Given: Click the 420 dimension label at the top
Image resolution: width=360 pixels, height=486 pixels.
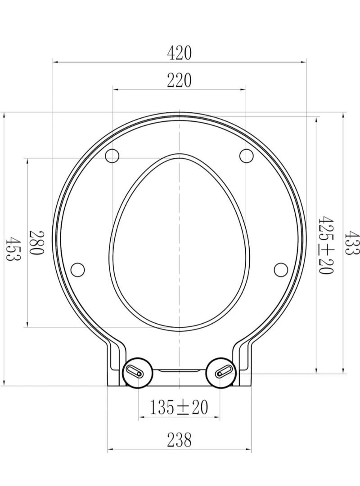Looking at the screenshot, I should (179, 53).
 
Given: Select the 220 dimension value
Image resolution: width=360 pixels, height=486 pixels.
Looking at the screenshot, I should (179, 80).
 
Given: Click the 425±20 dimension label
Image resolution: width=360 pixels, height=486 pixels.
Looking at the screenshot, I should (325, 245).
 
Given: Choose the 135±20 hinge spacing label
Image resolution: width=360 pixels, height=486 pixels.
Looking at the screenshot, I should (179, 407).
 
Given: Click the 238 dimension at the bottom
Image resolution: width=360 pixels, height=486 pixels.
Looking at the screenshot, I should (179, 439).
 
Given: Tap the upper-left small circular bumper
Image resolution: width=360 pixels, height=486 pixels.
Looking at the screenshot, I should (112, 156).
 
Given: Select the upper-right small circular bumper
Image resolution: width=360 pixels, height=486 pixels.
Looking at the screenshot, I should (246, 156).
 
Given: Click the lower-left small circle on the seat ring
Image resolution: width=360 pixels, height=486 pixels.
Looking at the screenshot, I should (78, 269).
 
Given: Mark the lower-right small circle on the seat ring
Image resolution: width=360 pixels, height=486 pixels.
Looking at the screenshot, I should (281, 269).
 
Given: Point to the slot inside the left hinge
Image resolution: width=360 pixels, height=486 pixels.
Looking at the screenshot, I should (135, 372).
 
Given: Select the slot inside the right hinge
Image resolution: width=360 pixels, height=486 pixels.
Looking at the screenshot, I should (224, 372).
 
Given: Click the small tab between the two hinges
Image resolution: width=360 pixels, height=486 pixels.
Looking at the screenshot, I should (179, 370).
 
